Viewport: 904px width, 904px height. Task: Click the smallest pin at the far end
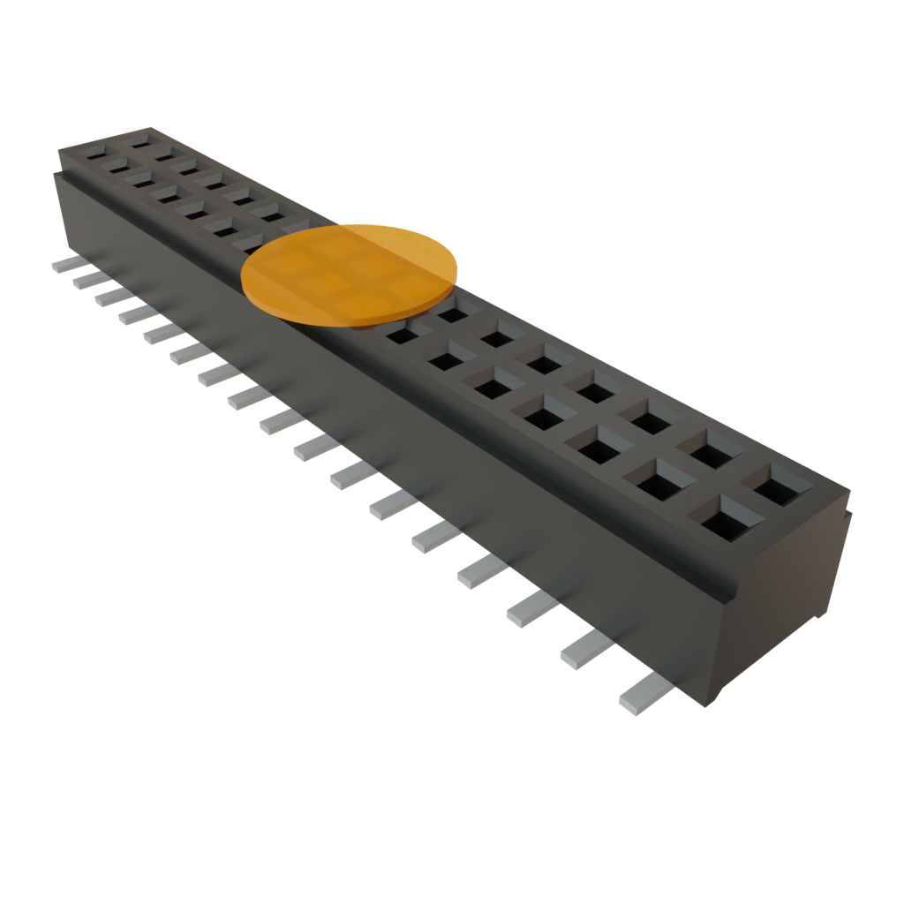(68, 264)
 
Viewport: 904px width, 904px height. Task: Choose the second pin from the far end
(88, 280)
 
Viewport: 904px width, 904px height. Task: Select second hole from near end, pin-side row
(659, 482)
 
